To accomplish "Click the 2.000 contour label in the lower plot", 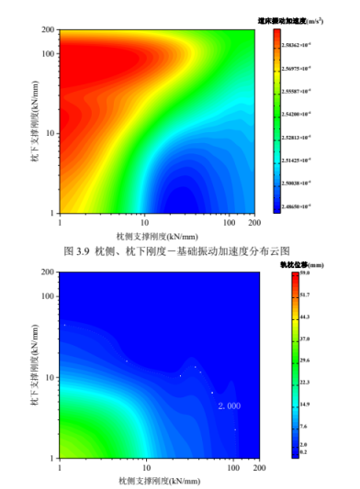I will coord(230,406).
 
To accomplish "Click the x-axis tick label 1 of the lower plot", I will coord(60,468).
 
